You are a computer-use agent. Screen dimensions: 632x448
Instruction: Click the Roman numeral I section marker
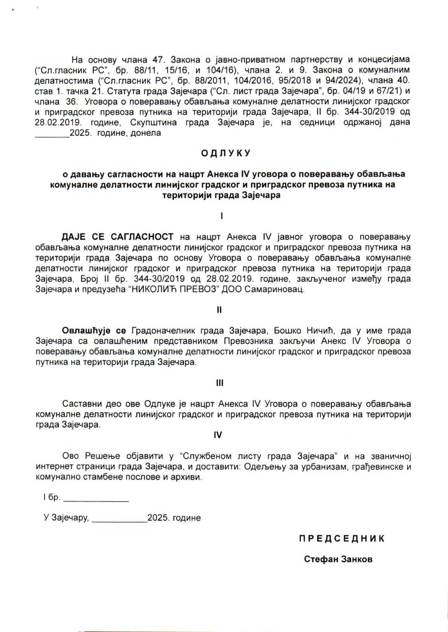(221, 216)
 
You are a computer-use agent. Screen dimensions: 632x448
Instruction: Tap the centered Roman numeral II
(219, 310)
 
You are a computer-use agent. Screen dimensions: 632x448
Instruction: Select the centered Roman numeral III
(219, 383)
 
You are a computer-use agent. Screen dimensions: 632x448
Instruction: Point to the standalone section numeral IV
(218, 435)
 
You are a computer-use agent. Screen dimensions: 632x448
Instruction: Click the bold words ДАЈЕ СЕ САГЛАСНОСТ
(118, 237)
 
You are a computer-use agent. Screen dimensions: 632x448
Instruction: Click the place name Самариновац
(280, 290)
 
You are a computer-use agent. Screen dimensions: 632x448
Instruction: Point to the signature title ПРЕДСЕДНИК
(342, 539)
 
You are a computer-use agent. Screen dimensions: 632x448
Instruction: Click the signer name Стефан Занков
(338, 559)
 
